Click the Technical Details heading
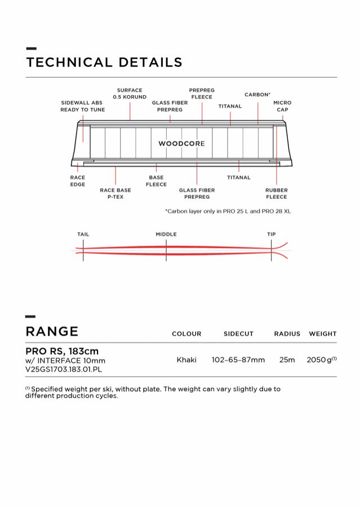[x=104, y=63]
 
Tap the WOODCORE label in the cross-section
[x=181, y=144]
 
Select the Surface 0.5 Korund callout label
[x=130, y=94]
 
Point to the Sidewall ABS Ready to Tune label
[x=83, y=106]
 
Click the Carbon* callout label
[x=257, y=95]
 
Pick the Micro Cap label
[x=282, y=106]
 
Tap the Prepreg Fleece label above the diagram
[x=202, y=94]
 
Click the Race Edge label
[x=78, y=181]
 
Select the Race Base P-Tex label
[x=115, y=194]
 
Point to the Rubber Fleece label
[x=276, y=194]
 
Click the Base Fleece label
[x=156, y=181]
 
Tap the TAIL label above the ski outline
[x=83, y=234]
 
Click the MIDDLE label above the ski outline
[x=166, y=234]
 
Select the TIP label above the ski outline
[x=271, y=234]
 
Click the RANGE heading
[x=52, y=331]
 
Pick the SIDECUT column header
[x=238, y=334]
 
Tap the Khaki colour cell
[x=186, y=359]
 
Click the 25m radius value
[x=287, y=359]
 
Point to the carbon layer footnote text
[x=228, y=211]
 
